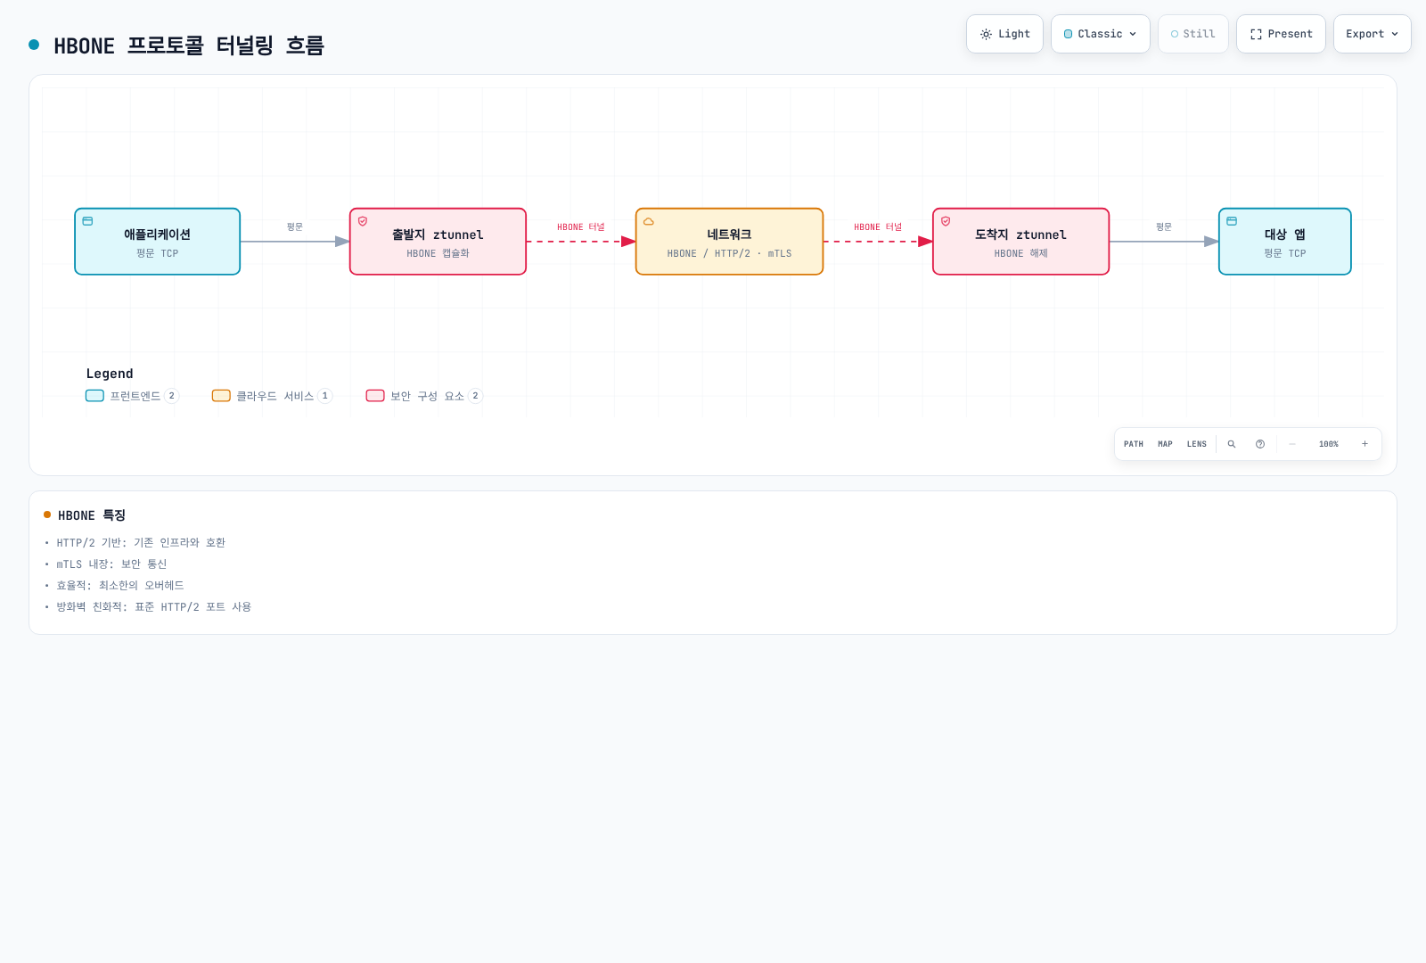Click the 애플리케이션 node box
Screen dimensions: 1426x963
157,242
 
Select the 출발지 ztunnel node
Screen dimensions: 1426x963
438,242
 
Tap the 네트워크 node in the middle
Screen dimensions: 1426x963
730,242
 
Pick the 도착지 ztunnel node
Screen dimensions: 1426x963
1021,242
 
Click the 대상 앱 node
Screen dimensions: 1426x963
1284,242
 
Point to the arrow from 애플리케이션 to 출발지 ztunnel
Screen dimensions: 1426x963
295,242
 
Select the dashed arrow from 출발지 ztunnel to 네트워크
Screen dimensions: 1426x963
580,242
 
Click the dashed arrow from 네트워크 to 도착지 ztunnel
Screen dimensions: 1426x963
878,242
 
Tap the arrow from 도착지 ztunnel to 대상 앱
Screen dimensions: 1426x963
1164,242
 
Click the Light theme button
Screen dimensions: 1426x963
1004,34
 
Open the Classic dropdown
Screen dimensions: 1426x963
1100,34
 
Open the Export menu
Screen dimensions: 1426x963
1372,34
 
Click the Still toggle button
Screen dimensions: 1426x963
1193,34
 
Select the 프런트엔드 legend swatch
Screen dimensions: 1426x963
94,396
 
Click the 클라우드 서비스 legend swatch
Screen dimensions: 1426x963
221,396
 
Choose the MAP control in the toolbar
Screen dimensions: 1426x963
1165,444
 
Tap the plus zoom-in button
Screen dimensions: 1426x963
1365,444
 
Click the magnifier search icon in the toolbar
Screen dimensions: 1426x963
1231,444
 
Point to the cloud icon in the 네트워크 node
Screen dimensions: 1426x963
649,222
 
